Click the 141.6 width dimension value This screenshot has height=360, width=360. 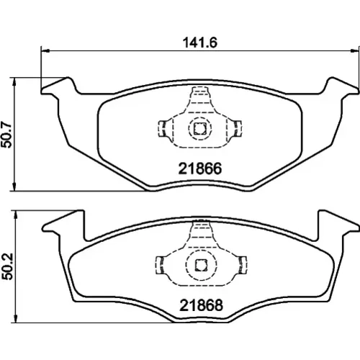(x=200, y=42)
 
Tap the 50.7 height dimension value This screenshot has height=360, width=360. (x=6, y=135)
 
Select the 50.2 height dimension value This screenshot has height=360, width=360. (x=6, y=266)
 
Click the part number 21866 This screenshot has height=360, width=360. (x=200, y=168)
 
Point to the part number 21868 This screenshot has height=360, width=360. (x=201, y=305)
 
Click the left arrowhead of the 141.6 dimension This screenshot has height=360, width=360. (x=45, y=51)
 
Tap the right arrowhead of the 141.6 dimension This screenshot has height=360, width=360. (x=355, y=51)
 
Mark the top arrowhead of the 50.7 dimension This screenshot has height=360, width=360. (x=15, y=81)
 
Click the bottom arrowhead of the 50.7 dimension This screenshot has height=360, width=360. (x=15, y=187)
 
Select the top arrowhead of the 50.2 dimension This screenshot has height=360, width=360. (x=16, y=215)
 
